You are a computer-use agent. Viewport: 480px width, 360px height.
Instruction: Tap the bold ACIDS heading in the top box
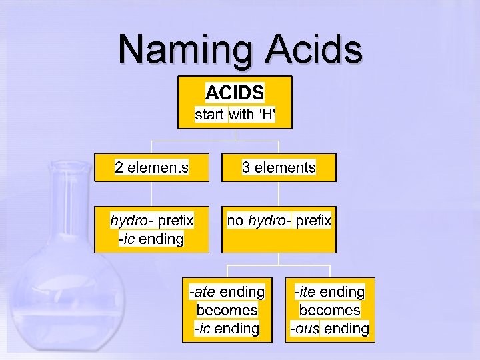pyautogui.click(x=235, y=92)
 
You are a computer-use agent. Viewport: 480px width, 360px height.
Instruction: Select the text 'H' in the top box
pyautogui.click(x=265, y=115)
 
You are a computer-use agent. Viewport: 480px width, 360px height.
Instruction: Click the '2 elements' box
pyautogui.click(x=151, y=167)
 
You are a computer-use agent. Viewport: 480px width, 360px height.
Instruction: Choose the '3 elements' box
pyautogui.click(x=279, y=167)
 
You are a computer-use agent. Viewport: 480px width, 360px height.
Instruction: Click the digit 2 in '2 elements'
pyautogui.click(x=119, y=167)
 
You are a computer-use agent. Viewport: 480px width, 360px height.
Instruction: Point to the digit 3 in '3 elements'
pyautogui.click(x=246, y=167)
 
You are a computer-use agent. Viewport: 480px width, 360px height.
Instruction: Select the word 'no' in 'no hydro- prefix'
pyautogui.click(x=235, y=220)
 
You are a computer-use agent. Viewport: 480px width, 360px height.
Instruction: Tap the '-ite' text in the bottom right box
pyautogui.click(x=305, y=292)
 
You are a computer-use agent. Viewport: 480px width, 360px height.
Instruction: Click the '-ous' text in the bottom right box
pyautogui.click(x=305, y=329)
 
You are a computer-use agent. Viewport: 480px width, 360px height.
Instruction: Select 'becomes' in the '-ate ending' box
pyautogui.click(x=227, y=310)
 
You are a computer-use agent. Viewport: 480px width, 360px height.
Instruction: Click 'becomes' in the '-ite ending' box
pyautogui.click(x=329, y=310)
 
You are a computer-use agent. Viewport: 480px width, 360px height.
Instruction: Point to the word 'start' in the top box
pyautogui.click(x=209, y=115)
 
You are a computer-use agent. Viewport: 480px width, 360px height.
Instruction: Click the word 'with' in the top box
pyautogui.click(x=241, y=115)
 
